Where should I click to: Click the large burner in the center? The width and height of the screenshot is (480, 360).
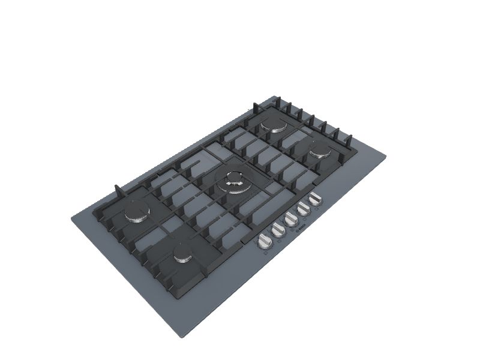234,179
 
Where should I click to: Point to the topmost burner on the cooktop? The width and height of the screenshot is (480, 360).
277,127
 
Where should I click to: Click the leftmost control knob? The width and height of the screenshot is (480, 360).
265,242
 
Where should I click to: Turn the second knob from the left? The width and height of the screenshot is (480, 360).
278,229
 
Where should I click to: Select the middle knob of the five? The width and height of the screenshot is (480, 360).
292,218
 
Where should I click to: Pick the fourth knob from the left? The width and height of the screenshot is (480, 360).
304,208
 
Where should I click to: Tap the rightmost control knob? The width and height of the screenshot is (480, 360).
314,200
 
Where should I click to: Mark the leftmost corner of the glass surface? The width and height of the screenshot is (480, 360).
71,218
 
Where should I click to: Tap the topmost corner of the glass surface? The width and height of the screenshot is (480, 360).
277,95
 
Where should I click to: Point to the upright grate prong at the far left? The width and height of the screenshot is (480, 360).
118,190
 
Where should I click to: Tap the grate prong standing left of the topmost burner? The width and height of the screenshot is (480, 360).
255,110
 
